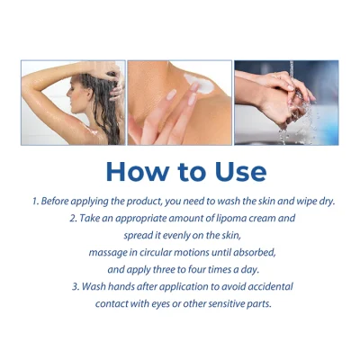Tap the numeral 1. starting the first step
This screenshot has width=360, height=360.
click(36, 201)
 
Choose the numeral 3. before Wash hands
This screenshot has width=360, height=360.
click(76, 287)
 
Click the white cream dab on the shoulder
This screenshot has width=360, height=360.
click(200, 82)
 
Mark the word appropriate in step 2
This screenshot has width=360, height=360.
click(140, 219)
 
